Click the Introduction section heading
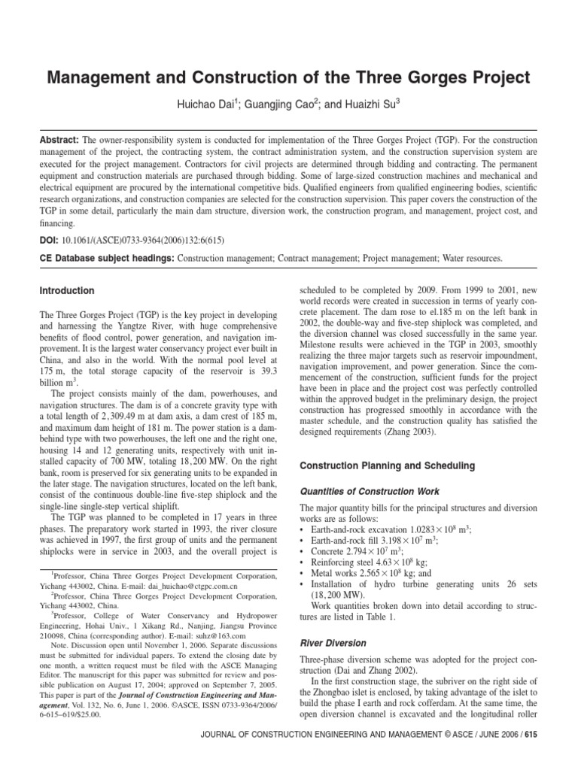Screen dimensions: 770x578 coord(68,290)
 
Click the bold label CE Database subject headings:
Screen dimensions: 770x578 coord(106,258)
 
